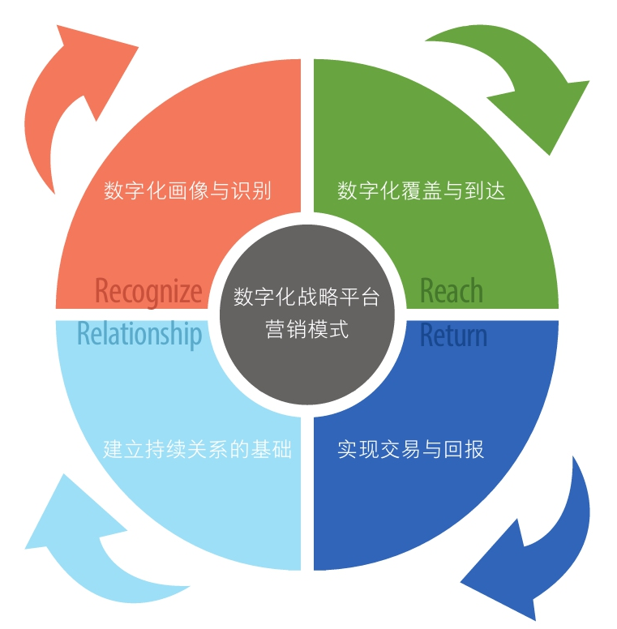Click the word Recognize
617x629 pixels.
tap(148, 292)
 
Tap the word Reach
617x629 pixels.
tap(452, 290)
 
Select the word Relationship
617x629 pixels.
tap(139, 334)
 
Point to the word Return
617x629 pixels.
tap(453, 335)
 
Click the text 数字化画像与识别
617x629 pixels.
tap(187, 190)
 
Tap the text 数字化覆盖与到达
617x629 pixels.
tap(421, 190)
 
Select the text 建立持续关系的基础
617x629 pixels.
tap(197, 449)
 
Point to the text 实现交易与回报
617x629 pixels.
tap(411, 449)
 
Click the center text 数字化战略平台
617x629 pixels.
tap(306, 297)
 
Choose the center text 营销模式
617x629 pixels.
tap(307, 329)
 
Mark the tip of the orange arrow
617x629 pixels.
tap(58, 26)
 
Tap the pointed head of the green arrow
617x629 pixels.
tap(549, 155)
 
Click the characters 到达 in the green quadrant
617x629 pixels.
tap(485, 190)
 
